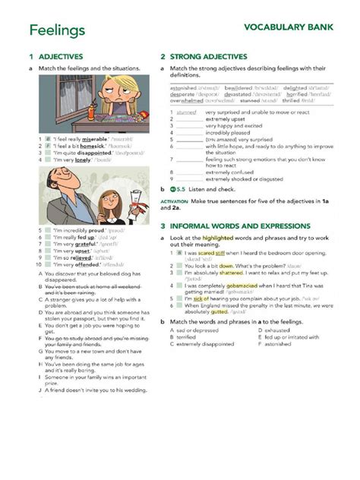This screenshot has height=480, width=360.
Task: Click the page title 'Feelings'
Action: tap(58, 30)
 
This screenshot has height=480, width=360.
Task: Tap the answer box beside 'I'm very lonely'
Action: tap(47, 160)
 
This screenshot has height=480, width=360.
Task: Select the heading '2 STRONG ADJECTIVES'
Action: tap(204, 56)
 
